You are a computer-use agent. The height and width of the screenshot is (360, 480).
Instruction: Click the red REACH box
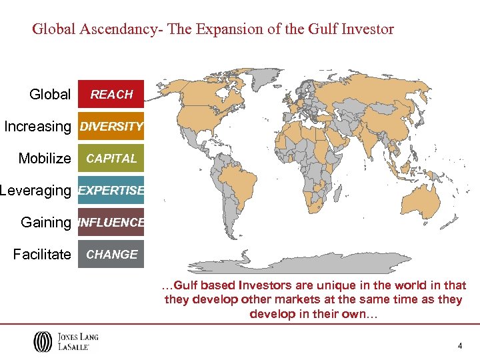[x=111, y=95]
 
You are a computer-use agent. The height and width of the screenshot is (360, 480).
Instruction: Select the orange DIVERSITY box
[x=111, y=127]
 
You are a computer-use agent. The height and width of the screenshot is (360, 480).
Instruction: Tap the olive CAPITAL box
[x=111, y=159]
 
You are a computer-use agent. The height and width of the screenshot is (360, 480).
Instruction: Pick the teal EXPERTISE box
[x=111, y=191]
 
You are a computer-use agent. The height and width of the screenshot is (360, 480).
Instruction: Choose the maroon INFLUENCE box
[x=111, y=223]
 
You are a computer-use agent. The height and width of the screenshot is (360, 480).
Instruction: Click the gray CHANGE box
[x=111, y=255]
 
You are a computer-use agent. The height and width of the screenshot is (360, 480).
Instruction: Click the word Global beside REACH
[x=50, y=95]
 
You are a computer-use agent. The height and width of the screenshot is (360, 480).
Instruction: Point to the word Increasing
[x=37, y=127]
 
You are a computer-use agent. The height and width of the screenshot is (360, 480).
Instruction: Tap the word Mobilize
[x=44, y=159]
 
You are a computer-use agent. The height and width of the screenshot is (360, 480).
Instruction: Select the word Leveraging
[x=35, y=191]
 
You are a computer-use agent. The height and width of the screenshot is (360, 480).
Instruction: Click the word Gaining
[x=45, y=223]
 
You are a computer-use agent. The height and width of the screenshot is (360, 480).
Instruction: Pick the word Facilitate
[x=42, y=255]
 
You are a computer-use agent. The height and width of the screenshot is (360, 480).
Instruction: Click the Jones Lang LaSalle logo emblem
[x=42, y=341]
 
